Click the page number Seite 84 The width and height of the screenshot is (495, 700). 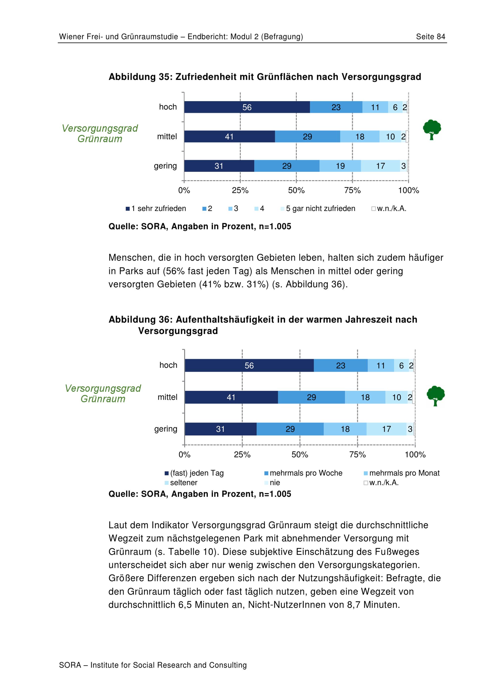coord(430,37)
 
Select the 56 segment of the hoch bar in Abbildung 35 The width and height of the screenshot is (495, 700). coord(247,107)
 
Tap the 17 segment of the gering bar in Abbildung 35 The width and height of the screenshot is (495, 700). coord(380,166)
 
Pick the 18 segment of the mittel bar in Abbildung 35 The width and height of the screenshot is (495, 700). coord(360,137)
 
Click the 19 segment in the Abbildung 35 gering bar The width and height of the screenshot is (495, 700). coord(340,166)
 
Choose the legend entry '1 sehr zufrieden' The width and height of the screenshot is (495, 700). coord(156,209)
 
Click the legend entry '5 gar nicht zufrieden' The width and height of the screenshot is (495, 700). coord(318,209)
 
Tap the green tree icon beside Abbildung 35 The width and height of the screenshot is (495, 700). coord(432,130)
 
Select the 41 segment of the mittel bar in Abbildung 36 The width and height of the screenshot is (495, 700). coord(231,397)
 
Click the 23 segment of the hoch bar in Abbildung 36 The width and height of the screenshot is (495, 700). coord(341,366)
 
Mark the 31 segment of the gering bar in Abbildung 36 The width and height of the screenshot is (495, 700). coord(221,429)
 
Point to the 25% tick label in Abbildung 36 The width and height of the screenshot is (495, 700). coord(242,455)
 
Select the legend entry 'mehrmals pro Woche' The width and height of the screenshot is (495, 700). coord(303,473)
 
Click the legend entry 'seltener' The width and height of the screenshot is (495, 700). coord(181,483)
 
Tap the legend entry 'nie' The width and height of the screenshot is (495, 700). coord(272,483)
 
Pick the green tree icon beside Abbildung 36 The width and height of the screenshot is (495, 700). coord(436,396)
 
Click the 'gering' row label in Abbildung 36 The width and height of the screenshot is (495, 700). coord(166,429)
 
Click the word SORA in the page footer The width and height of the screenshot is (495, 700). coord(70,665)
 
